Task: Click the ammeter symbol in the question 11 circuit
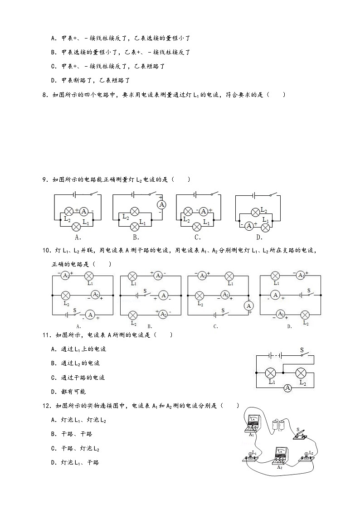[x=287, y=388]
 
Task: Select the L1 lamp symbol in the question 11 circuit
[x=271, y=373]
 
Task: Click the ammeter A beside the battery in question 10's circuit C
[x=248, y=306]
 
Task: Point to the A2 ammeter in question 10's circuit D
[x=281, y=314]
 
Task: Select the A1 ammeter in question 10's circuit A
[x=65, y=276]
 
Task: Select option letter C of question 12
[x=54, y=448]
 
